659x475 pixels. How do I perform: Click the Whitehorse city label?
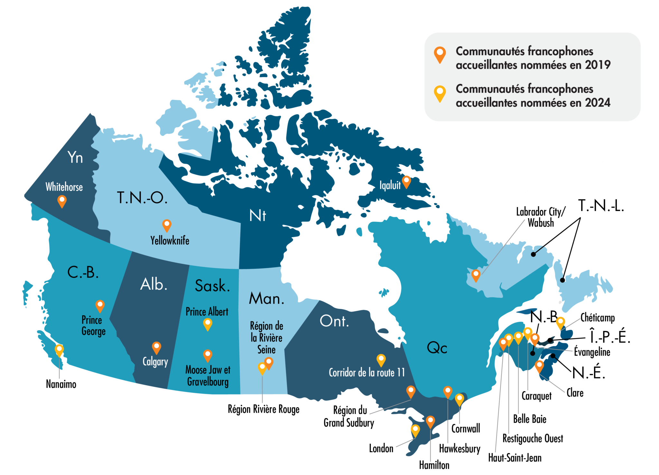coord(64,187)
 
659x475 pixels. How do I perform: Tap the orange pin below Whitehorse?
coord(62,201)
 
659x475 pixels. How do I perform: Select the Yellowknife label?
coord(170,241)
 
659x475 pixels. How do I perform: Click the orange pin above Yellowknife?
coord(167,225)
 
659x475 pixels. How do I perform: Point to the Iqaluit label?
coord(390,185)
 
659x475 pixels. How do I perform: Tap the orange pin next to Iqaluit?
coord(406,181)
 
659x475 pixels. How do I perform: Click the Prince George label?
coord(93,325)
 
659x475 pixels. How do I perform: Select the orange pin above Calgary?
coord(156,347)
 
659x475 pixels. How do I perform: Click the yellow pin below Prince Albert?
coord(208,324)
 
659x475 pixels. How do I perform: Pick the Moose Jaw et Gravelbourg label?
coord(208,376)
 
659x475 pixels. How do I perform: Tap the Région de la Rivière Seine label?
coord(266,338)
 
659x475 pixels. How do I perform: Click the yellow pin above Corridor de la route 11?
coord(381,360)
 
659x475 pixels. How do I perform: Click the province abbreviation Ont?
coord(334,321)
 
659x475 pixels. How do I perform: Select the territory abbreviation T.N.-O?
coord(142,197)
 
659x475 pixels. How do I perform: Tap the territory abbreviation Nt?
coord(258,215)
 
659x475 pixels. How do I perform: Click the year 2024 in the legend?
coord(598,103)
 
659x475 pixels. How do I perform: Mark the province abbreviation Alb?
coord(154,285)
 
